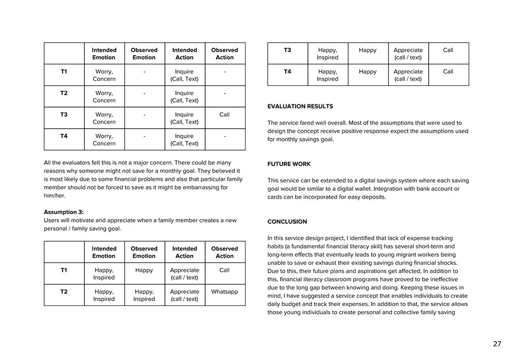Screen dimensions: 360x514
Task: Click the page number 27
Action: (497, 344)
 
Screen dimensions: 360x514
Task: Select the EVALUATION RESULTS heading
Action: (300, 106)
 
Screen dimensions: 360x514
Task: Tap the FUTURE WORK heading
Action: (289, 164)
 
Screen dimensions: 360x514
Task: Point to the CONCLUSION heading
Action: (287, 222)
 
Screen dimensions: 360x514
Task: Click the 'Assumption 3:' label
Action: (64, 212)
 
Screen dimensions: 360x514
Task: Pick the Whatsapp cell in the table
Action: (225, 292)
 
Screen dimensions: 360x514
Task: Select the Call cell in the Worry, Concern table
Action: (225, 115)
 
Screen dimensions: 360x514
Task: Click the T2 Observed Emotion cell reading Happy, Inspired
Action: (144, 295)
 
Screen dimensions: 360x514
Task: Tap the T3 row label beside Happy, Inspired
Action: (287, 50)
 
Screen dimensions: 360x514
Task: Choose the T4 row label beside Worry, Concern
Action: (64, 136)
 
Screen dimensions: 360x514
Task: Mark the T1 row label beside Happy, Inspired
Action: (64, 270)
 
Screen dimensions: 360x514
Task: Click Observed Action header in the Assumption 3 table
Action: (225, 252)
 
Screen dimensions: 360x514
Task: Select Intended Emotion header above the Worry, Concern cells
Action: (104, 54)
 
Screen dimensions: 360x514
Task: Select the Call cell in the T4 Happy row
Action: (448, 71)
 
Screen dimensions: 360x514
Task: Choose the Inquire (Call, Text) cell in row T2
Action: (185, 97)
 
